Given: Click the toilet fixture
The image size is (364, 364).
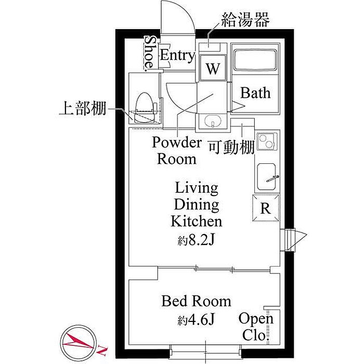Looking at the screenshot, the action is (x=145, y=107).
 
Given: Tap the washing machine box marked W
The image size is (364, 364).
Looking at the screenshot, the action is (x=213, y=68).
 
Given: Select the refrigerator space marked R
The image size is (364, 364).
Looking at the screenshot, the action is (x=266, y=208).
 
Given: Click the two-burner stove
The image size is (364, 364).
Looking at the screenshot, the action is (x=267, y=141).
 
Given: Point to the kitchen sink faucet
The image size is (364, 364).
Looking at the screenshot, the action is (x=273, y=179).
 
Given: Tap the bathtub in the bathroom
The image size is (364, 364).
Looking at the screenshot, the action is (x=255, y=60).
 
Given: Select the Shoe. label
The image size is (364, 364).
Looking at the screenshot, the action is (x=149, y=53).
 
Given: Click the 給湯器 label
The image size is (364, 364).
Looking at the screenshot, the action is (x=245, y=20).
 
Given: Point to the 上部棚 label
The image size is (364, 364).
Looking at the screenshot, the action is (x=83, y=108).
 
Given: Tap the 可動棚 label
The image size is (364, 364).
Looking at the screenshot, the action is (x=231, y=147).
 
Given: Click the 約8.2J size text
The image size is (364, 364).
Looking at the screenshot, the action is (x=196, y=241).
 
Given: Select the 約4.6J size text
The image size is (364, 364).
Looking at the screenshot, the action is (x=196, y=320).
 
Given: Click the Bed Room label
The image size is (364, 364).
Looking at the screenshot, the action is (x=196, y=301).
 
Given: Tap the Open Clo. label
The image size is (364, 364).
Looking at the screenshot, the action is (x=256, y=327).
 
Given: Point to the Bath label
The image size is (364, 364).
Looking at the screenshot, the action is (x=255, y=93).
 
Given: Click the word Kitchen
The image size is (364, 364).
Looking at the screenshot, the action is (x=197, y=222).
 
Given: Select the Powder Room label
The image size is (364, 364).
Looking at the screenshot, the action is (x=177, y=151).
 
